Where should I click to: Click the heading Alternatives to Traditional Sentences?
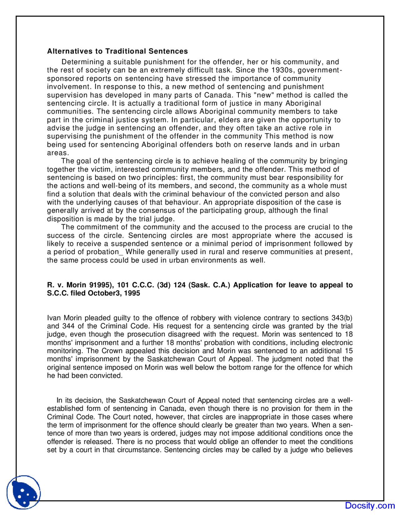(x=117, y=51)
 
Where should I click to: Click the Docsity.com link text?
(x=370, y=505)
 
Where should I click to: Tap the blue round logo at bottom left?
(x=24, y=492)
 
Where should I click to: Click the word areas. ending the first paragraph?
(x=58, y=153)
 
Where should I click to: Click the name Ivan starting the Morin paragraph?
(x=54, y=318)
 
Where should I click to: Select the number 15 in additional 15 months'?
(x=349, y=351)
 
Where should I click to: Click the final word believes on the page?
(x=340, y=450)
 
